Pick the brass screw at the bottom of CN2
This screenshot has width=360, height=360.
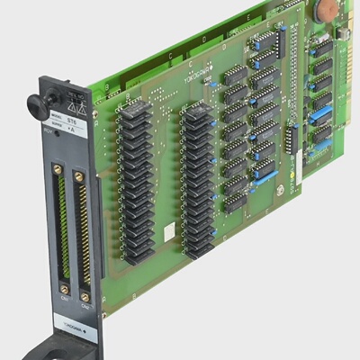pyautogui.click(x=85, y=293)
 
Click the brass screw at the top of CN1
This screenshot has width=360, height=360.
pyautogui.click(x=58, y=168)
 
